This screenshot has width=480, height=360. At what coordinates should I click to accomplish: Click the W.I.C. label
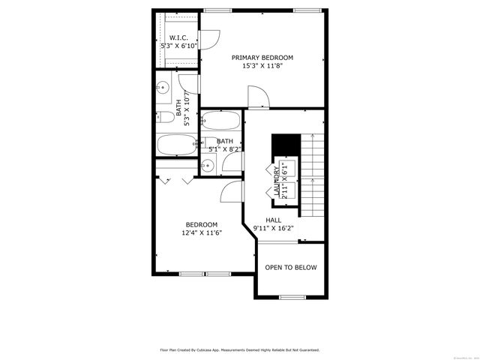[178, 37]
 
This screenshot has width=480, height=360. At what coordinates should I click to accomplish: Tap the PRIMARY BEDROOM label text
[262, 58]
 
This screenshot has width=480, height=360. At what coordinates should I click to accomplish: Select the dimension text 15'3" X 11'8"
[262, 66]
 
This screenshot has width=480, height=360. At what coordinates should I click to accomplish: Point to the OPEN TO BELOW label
[290, 268]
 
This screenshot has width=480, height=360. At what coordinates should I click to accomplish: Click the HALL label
[273, 220]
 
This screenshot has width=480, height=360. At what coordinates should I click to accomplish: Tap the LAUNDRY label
[277, 181]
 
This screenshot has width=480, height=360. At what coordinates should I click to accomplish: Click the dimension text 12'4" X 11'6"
[202, 233]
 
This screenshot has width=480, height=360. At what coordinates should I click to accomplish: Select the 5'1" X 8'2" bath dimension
[225, 149]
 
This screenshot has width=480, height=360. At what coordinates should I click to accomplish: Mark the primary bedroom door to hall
[257, 95]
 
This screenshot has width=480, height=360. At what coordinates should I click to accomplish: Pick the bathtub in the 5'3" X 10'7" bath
[177, 144]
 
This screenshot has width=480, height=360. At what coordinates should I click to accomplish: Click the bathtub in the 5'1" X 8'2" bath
[221, 120]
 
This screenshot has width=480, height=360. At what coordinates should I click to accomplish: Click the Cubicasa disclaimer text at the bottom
[239, 349]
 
